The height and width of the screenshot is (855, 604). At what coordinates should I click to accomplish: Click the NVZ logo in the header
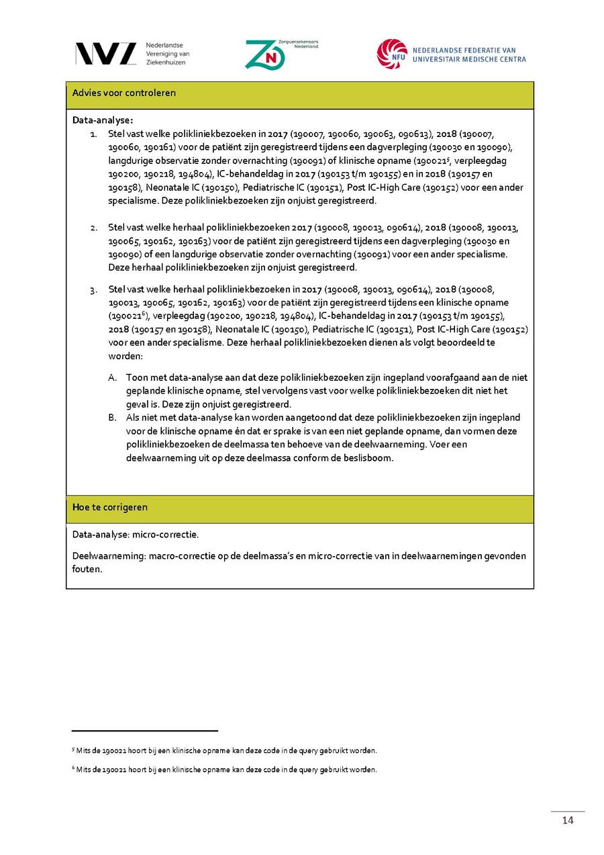tap(105, 54)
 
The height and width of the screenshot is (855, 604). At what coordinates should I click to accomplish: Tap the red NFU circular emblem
tap(392, 54)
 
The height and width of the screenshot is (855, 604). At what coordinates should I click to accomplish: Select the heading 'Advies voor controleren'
tap(124, 93)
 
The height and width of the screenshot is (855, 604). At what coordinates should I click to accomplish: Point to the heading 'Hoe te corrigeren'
tap(110, 507)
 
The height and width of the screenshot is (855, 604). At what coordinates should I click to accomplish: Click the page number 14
tap(568, 821)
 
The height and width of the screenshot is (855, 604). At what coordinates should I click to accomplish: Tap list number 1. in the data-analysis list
tap(94, 134)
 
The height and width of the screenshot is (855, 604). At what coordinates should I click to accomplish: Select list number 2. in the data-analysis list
tap(94, 228)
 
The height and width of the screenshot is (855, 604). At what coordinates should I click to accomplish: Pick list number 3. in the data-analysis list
tap(94, 289)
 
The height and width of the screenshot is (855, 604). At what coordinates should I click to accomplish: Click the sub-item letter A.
tap(113, 377)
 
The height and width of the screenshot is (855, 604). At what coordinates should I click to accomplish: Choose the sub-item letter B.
tap(113, 418)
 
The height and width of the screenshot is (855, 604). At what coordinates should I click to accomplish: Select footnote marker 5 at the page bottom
tap(73, 749)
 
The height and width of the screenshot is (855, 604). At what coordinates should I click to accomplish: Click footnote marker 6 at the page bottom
tap(73, 768)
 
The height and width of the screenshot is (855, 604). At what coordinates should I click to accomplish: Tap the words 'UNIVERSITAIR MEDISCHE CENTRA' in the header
tap(469, 59)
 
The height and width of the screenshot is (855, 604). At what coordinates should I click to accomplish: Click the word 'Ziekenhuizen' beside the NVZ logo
tap(166, 62)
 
